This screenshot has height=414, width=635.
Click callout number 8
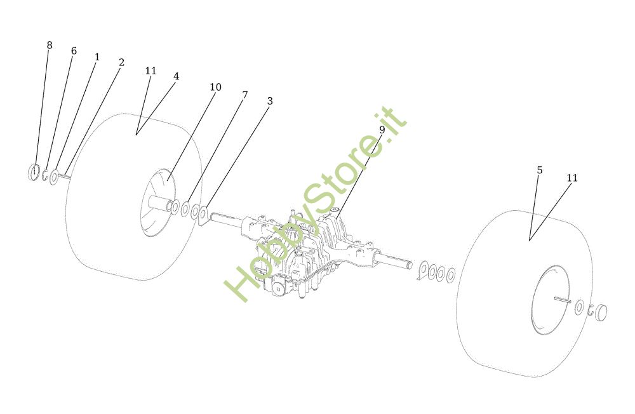point(50,45)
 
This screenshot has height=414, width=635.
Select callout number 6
point(74,51)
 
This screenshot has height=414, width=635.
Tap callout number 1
point(97,57)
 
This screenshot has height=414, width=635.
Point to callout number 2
point(121,62)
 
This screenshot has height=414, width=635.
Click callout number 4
point(176,76)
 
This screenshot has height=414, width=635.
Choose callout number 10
point(215,87)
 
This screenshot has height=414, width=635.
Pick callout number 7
point(244,95)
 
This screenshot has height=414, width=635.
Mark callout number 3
point(270,101)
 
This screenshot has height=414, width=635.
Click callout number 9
point(382,130)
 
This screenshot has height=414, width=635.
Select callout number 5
point(539,170)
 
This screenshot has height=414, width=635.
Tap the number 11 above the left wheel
point(150,70)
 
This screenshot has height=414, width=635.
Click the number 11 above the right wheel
point(572,178)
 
